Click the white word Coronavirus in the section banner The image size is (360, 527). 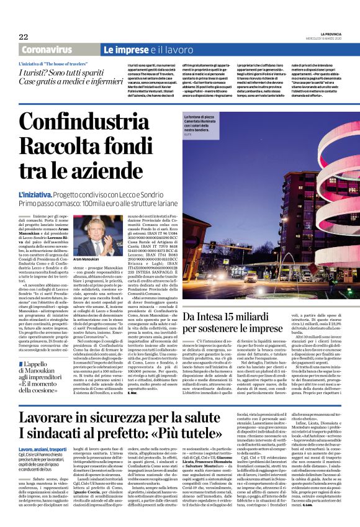click(46, 49)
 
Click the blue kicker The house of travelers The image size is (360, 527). click(52, 64)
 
